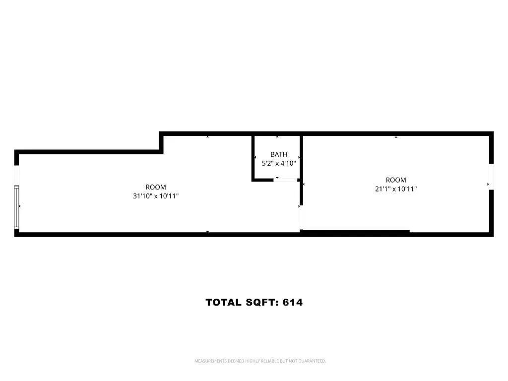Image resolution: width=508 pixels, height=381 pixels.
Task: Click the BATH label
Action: point(278,154)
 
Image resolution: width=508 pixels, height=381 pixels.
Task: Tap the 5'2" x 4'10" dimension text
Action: point(278,163)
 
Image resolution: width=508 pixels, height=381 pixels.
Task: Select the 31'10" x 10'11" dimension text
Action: point(156,196)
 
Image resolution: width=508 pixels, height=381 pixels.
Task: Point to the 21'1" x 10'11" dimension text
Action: point(395,189)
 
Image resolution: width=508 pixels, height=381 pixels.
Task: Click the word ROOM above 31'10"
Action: point(156,187)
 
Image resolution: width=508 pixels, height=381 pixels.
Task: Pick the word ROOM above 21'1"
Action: point(396,180)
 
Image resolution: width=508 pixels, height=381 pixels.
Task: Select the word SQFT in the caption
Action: point(261,302)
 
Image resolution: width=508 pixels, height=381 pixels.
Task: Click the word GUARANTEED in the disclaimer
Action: point(312,361)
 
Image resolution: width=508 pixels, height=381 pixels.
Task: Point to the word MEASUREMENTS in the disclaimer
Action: point(210,361)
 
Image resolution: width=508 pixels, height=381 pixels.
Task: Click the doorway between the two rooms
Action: point(300,218)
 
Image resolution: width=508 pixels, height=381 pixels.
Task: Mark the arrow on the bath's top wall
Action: point(277,136)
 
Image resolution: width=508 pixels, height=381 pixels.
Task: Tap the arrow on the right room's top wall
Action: point(396,136)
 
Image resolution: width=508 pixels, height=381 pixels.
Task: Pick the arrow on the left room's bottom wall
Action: point(207,232)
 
